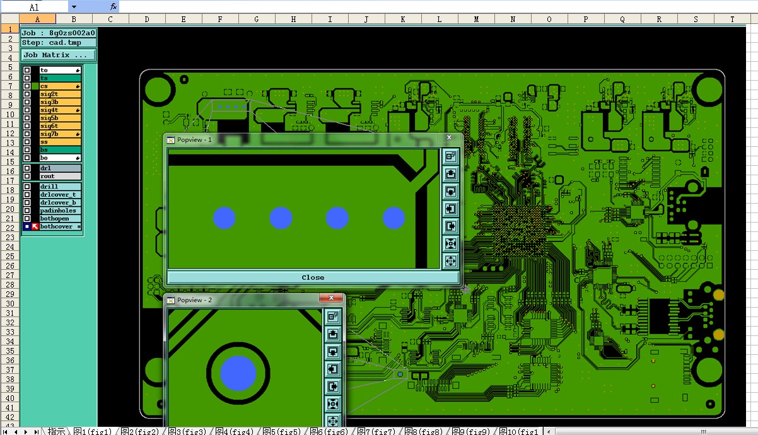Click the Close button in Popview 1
[313, 277]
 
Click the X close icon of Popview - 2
[331, 298]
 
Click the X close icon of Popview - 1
[449, 137]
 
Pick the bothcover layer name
[56, 226]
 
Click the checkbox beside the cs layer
[27, 86]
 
